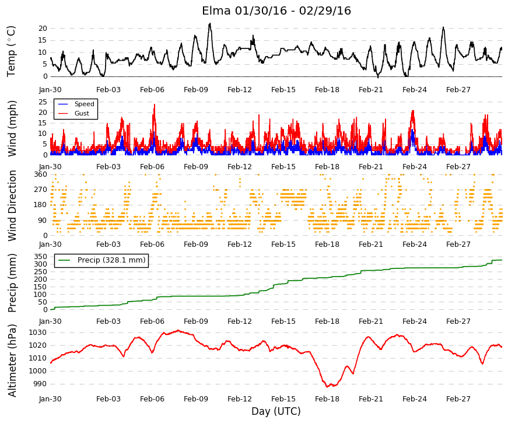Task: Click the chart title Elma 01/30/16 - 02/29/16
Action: click(276, 11)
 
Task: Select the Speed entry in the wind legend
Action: click(84, 104)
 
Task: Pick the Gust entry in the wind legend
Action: click(82, 113)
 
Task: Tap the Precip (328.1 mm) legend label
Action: click(111, 260)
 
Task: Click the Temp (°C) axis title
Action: click(11, 51)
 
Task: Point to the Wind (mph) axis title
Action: click(12, 128)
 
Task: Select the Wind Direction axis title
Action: click(12, 206)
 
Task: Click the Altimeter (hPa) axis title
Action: click(12, 360)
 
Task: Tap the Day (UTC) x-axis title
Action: click(276, 411)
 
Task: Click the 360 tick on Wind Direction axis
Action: click(41, 174)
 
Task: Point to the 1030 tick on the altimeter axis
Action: click(38, 333)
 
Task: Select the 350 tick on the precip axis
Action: click(41, 257)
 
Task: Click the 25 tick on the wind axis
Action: click(43, 102)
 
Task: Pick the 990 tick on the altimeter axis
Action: click(40, 384)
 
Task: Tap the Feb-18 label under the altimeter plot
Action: click(327, 399)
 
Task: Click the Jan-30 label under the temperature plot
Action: click(50, 90)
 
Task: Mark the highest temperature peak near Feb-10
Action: click(210, 23)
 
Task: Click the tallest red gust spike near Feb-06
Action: click(155, 104)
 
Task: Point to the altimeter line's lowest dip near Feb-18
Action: click(327, 387)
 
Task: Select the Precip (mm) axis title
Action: click(12, 283)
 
